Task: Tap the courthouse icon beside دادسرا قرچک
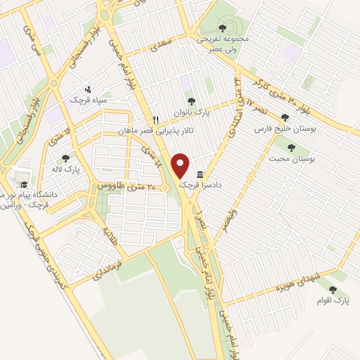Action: [201, 174]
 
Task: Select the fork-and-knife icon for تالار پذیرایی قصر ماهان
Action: [157, 120]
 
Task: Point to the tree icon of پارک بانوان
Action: [191, 101]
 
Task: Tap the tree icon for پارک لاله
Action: [65, 159]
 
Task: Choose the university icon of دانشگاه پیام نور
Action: [25, 177]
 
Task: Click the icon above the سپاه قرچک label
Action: [88, 89]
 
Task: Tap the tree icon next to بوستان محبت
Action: [291, 148]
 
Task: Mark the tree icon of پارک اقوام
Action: [333, 289]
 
